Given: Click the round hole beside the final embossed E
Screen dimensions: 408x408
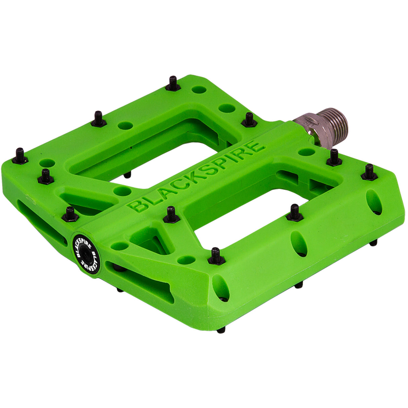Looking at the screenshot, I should (306, 152).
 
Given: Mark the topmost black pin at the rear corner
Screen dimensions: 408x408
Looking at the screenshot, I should (172, 83).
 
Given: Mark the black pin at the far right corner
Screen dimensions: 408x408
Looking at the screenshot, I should (369, 172).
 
